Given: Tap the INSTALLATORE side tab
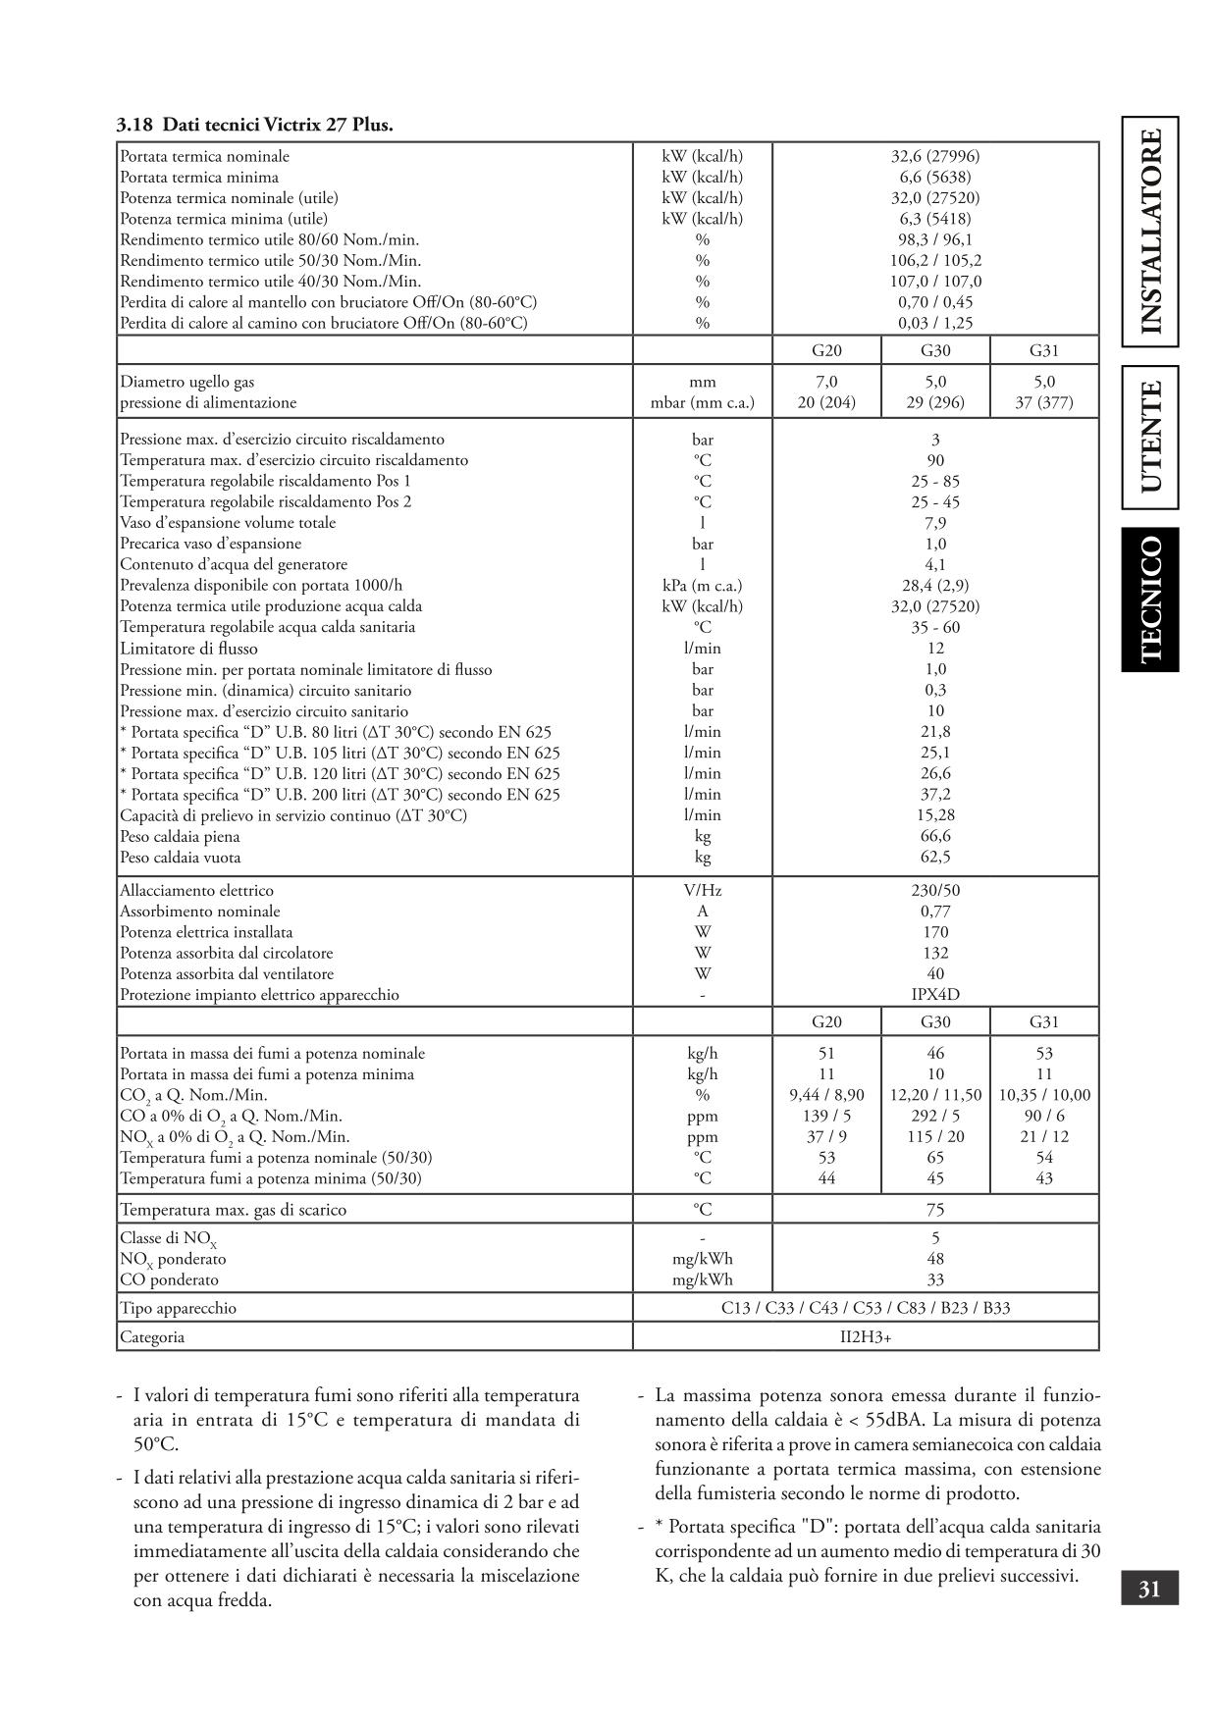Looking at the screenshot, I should (1150, 232).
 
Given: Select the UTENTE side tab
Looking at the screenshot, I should (1150, 438).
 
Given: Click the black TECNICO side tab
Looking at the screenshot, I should (1150, 600).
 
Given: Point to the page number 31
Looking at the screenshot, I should (1149, 1588).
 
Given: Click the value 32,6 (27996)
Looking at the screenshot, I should (934, 156).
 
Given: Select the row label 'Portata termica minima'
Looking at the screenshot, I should (199, 178).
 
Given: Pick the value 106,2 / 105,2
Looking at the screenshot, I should (934, 261).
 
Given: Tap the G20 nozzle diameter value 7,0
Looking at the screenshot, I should (826, 382).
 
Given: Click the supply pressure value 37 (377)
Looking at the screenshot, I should (1043, 402).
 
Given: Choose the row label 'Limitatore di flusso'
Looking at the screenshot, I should (189, 649).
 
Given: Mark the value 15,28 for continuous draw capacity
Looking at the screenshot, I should (934, 815).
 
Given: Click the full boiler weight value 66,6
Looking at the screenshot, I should (934, 836).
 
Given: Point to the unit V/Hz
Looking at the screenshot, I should (702, 891).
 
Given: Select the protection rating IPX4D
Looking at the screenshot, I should (934, 995).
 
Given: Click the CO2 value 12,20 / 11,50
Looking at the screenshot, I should (934, 1095).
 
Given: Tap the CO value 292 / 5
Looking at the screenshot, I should (934, 1116).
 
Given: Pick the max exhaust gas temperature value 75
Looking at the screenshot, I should (934, 1210).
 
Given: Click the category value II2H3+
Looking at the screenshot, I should (866, 1336).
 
